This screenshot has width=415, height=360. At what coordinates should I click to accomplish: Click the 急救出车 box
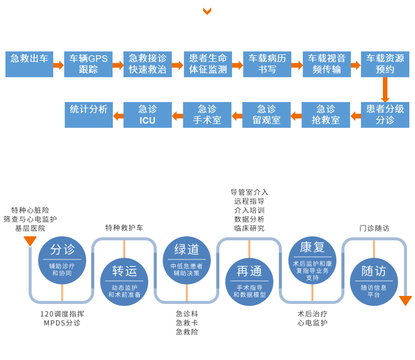pyautogui.click(x=29, y=64)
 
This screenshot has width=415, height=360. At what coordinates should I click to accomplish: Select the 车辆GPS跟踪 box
pyautogui.click(x=88, y=64)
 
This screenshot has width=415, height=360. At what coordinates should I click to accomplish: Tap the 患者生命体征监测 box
pyautogui.click(x=208, y=64)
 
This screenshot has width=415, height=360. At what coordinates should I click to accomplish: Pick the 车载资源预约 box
pyautogui.click(x=385, y=64)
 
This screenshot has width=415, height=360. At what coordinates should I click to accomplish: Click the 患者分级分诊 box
pyautogui.click(x=385, y=115)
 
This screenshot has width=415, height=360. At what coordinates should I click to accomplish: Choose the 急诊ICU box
pyautogui.click(x=148, y=115)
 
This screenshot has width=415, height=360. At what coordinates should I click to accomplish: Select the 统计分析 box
pyautogui.click(x=89, y=115)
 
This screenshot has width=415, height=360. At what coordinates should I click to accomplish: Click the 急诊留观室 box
pyautogui.click(x=266, y=115)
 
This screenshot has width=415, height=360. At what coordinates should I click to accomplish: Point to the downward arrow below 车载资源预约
pyautogui.click(x=385, y=90)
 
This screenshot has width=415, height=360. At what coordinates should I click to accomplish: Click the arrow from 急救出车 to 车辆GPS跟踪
pyautogui.click(x=59, y=65)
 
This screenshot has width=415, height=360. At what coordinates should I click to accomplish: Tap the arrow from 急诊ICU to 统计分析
pyautogui.click(x=119, y=116)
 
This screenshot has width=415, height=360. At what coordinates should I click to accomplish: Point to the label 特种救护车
pyautogui.click(x=124, y=228)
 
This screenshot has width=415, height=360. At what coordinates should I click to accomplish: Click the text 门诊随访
pyautogui.click(x=374, y=228)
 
